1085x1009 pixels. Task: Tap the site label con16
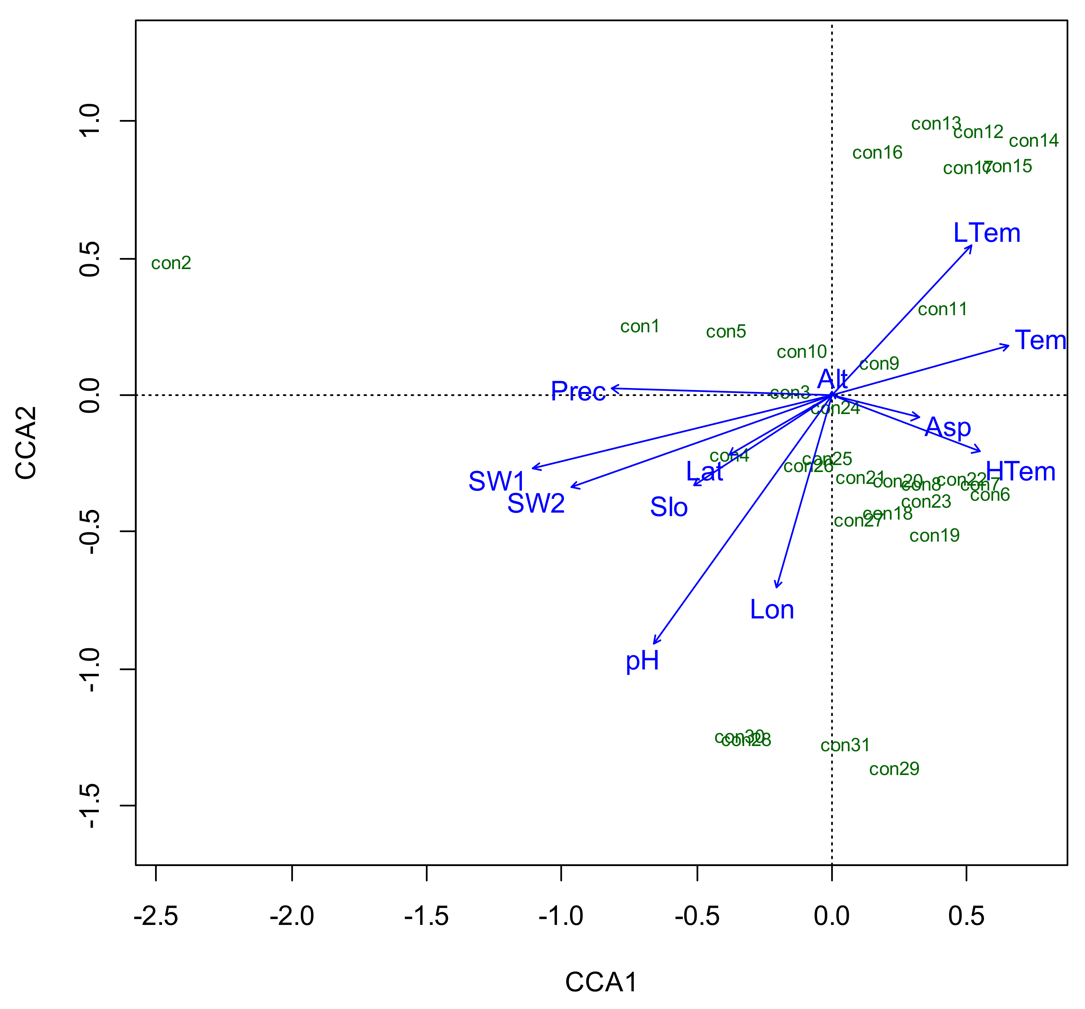click(x=877, y=153)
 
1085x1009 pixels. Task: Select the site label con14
click(x=1033, y=141)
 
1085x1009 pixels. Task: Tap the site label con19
click(x=934, y=536)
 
